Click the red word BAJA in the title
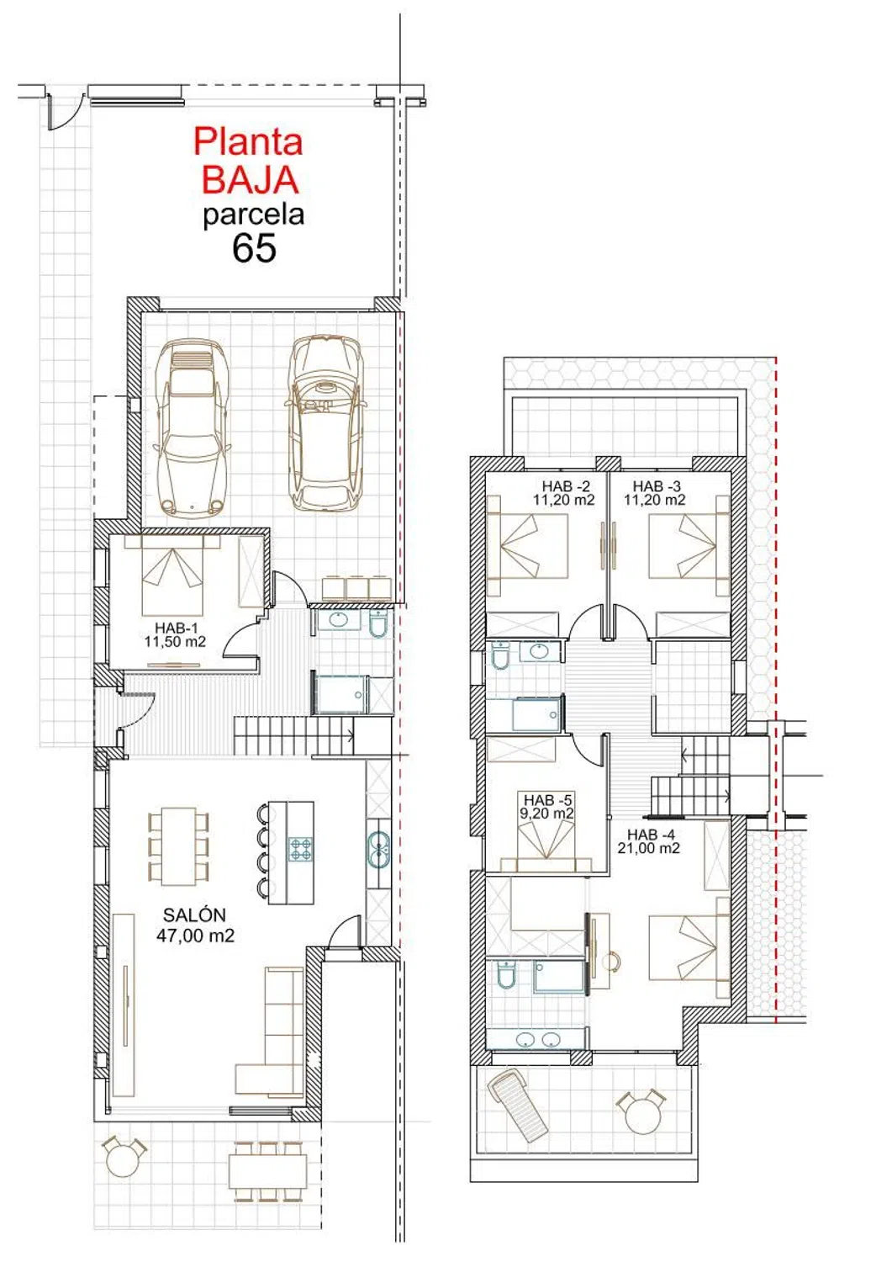coord(250,179)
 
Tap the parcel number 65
coord(254,247)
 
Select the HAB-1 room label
coord(175,634)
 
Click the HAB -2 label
coord(563,492)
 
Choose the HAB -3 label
coord(654,492)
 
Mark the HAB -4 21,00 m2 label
coord(648,840)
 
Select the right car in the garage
coord(325,423)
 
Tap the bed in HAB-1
coord(172,575)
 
